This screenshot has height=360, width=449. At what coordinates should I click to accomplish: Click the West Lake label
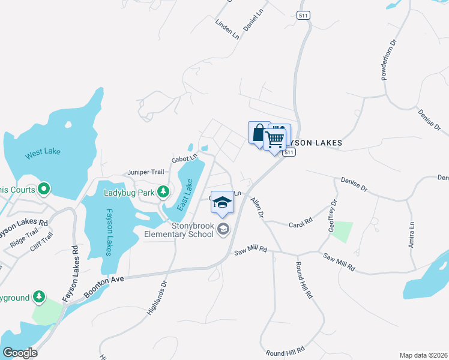[x=43, y=152]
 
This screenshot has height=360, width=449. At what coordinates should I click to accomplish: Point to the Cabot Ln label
[x=184, y=159]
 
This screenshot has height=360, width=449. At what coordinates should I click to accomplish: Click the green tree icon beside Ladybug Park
[x=163, y=192]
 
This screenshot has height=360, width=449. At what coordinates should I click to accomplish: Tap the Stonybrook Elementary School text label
[x=179, y=230]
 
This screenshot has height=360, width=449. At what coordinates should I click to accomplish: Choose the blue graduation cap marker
[x=222, y=202]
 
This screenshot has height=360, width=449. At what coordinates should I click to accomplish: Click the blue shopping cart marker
[x=275, y=139]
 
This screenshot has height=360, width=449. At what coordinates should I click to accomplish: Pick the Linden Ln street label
[x=228, y=29]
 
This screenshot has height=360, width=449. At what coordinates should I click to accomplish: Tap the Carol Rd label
[x=301, y=222]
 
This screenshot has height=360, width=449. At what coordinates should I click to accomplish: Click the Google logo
[x=20, y=352]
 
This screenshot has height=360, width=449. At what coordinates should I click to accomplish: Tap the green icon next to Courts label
[x=43, y=190]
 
